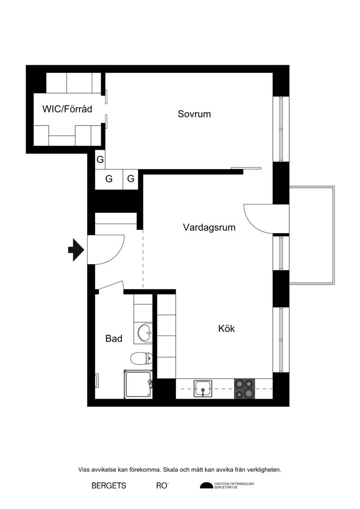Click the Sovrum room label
click(x=194, y=114)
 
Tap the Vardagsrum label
click(x=209, y=227)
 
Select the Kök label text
click(x=226, y=329)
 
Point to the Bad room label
click(x=113, y=338)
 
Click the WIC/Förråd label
click(x=67, y=109)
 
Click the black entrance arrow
click(x=76, y=250)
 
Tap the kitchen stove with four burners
click(x=244, y=389)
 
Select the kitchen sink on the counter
click(x=203, y=388)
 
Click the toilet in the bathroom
click(x=141, y=359)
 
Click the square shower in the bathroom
click(x=138, y=384)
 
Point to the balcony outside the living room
click(x=312, y=235)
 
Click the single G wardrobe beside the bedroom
click(x=100, y=160)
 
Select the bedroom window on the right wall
click(x=281, y=129)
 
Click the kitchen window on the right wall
click(x=281, y=340)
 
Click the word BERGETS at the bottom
click(x=109, y=486)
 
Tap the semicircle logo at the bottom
click(x=207, y=485)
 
